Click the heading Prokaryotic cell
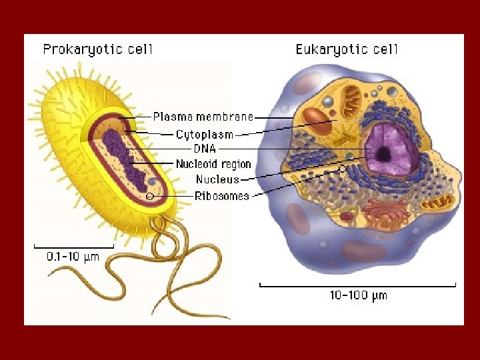(x=98, y=49)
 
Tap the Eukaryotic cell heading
(x=346, y=49)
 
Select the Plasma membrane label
(x=203, y=117)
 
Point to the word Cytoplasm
(x=205, y=134)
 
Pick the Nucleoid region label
(x=213, y=164)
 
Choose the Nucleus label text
(x=217, y=179)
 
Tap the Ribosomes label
(x=222, y=195)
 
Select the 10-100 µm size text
(x=358, y=295)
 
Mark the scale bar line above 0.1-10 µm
(x=73, y=246)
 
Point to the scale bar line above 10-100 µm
(x=358, y=285)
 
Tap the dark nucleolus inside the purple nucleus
(x=384, y=155)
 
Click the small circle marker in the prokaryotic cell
(x=150, y=196)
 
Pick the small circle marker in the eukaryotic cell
(x=342, y=169)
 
